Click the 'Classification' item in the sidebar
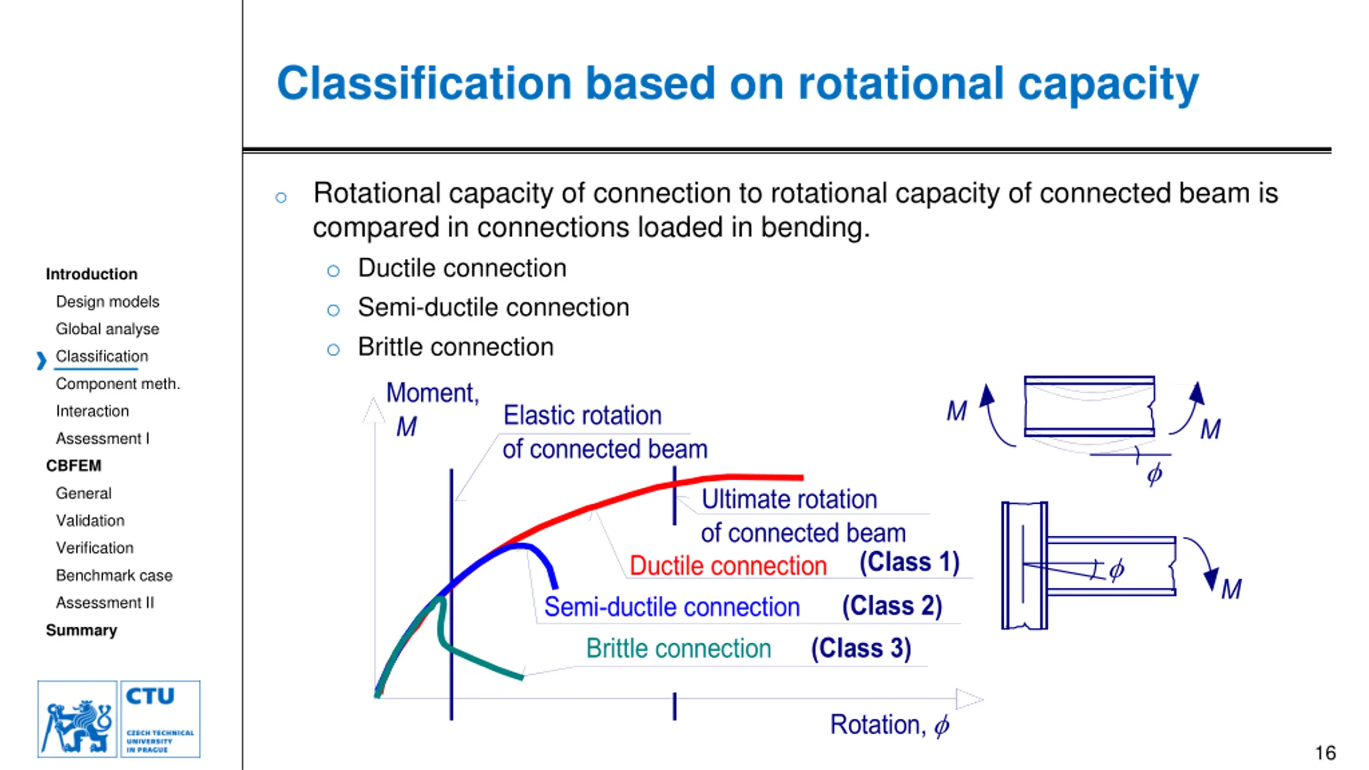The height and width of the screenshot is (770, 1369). point(102,356)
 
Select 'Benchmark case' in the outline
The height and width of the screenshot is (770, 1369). point(114,575)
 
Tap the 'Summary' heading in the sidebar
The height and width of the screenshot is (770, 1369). point(81,630)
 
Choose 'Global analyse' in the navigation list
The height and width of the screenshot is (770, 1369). point(107,329)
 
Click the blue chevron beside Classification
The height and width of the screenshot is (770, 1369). point(41,360)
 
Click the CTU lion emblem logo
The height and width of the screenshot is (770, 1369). point(78,719)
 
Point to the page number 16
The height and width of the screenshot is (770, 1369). point(1325,753)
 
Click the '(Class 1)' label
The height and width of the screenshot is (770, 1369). point(909,563)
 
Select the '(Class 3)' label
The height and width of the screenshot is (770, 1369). point(861,648)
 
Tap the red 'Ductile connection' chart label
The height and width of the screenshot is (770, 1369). point(728,566)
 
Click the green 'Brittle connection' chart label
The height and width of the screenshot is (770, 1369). point(679,649)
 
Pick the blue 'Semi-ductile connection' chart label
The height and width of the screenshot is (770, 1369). point(672,607)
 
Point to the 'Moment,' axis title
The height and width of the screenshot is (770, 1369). point(432,393)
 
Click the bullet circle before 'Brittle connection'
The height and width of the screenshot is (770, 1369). point(333,350)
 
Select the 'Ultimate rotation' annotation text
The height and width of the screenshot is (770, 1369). point(789,499)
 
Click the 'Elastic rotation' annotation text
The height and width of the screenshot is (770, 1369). point(582,415)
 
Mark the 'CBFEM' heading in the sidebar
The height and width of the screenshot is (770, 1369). point(73,466)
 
